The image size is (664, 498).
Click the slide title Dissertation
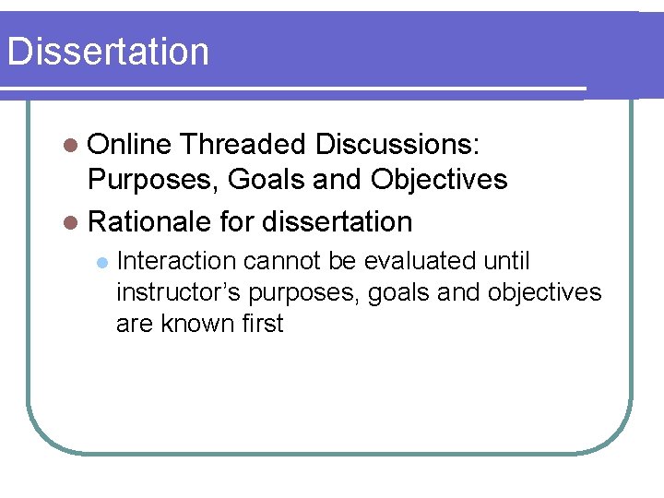[108, 52]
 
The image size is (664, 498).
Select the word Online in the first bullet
[130, 145]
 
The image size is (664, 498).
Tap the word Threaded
[243, 145]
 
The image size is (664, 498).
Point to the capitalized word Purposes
[150, 180]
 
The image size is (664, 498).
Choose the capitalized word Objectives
[439, 180]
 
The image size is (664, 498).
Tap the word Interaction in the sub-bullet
[176, 261]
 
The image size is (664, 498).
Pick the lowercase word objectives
[544, 293]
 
